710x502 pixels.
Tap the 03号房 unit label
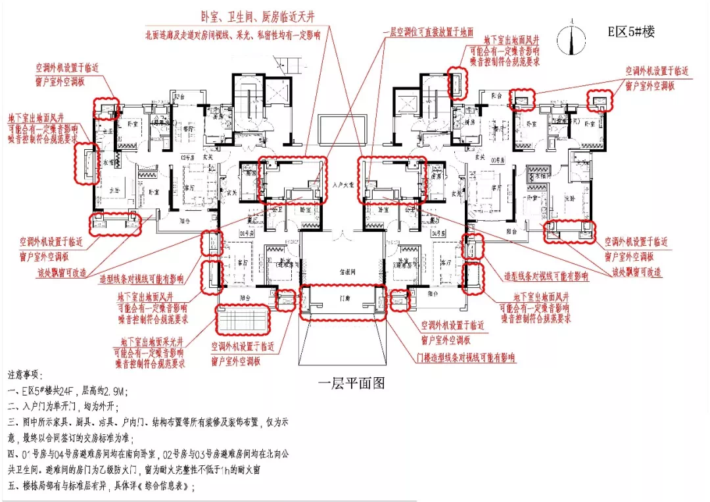point(498,159)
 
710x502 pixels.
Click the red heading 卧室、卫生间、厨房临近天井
point(260,18)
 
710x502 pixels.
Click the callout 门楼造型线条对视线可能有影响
point(466,357)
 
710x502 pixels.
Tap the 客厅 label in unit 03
point(488,187)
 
